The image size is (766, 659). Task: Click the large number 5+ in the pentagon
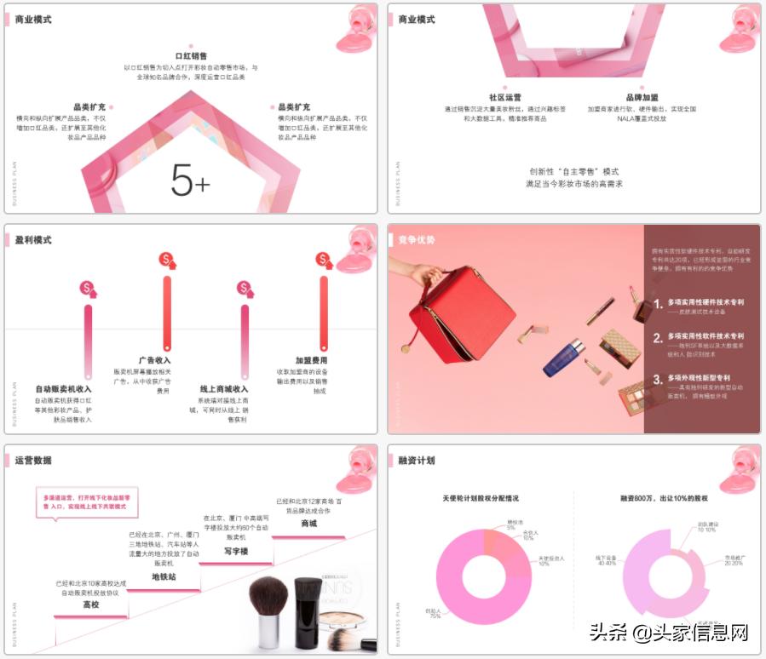coord(190,180)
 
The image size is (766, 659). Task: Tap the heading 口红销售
coord(191,55)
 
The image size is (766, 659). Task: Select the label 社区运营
coord(504,98)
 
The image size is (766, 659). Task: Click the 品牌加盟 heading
coord(642,98)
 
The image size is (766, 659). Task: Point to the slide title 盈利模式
coord(33,240)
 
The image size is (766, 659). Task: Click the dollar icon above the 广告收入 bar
coord(167,260)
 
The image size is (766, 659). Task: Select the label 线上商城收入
coord(224,389)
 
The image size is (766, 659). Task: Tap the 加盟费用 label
coord(311,360)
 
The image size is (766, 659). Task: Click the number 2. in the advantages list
coord(658,338)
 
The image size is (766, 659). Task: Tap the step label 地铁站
coord(164,576)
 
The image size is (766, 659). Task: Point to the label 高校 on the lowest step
coord(91,604)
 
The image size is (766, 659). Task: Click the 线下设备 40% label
coord(607,560)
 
